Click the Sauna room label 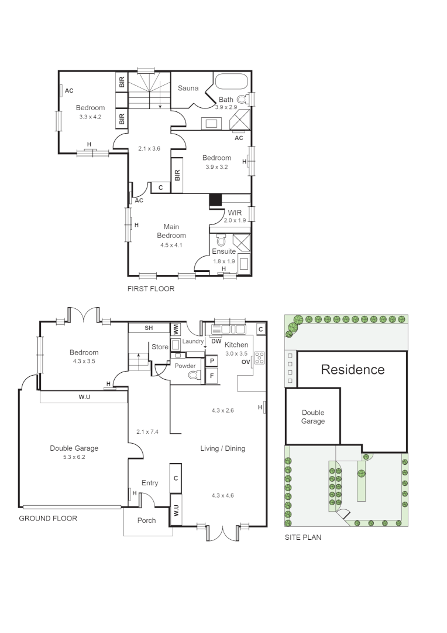coord(188,89)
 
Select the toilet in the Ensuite coord(221,241)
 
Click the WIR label coord(235,213)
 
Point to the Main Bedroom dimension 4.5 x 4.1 coord(171,245)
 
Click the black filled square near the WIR coord(216,200)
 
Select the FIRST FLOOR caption coord(151,289)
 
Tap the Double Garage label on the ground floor coord(74,448)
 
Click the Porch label coord(146,520)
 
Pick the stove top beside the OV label coord(258,359)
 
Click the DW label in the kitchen coord(215,341)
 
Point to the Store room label coord(160,347)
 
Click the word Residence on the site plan coord(353,370)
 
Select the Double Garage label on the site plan coord(313,417)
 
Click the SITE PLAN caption coord(302,537)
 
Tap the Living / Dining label coord(222,448)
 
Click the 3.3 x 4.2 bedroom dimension coord(90,117)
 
